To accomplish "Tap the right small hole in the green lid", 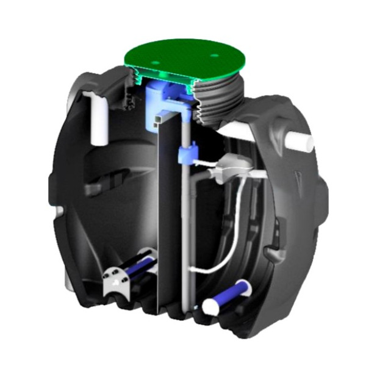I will point(215,56).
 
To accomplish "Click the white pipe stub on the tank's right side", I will point(300,142).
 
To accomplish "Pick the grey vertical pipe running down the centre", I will point(183,232).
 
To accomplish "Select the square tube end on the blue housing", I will point(160,117).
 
